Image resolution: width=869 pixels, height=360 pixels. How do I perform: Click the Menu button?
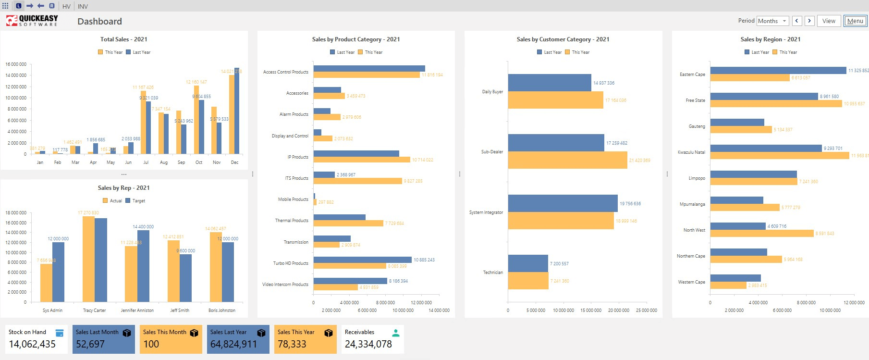pyautogui.click(x=855, y=21)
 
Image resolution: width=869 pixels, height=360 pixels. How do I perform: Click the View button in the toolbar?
pyautogui.click(x=829, y=21)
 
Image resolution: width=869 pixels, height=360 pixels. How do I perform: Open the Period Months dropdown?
pyautogui.click(x=772, y=21)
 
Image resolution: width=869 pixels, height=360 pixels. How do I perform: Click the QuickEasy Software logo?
pyautogui.click(x=32, y=21)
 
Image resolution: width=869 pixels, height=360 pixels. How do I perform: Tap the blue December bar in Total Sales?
pyautogui.click(x=237, y=111)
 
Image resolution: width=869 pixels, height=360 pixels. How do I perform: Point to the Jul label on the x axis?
pyautogui.click(x=146, y=162)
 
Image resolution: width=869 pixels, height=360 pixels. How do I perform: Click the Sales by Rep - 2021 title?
pyautogui.click(x=123, y=188)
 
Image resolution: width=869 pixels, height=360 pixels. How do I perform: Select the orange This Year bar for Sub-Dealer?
pyautogui.click(x=567, y=160)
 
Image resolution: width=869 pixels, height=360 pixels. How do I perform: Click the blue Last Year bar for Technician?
pyautogui.click(x=527, y=263)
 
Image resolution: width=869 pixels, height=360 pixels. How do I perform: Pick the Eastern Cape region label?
pyautogui.click(x=692, y=74)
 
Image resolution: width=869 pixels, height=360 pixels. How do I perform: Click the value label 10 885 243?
pyautogui.click(x=424, y=260)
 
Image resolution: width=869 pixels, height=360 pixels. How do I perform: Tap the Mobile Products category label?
pyautogui.click(x=293, y=199)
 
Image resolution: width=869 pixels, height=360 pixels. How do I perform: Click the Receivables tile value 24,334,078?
pyautogui.click(x=368, y=344)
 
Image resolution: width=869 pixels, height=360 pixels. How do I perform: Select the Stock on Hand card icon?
pyautogui.click(x=60, y=333)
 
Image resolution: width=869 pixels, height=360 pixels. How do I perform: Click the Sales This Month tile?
pyautogui.click(x=171, y=339)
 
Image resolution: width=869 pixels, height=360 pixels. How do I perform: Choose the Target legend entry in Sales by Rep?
pyautogui.click(x=135, y=201)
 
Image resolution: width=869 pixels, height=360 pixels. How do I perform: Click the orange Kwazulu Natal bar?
pyautogui.click(x=779, y=156)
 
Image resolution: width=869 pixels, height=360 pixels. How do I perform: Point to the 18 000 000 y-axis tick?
pyautogui.click(x=16, y=212)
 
